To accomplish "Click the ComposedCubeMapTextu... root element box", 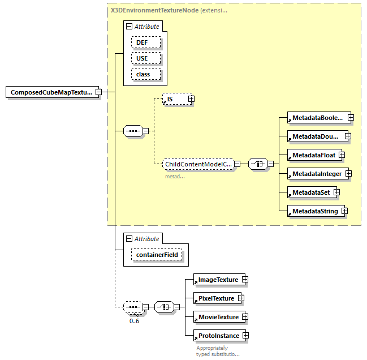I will click(50, 92).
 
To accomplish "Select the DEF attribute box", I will click(146, 43).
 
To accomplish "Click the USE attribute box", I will click(146, 58).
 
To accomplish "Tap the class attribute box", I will click(146, 74).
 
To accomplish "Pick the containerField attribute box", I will click(157, 255).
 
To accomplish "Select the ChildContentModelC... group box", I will click(197, 164).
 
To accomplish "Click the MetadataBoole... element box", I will click(317, 118).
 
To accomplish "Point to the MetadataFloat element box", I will click(312, 155).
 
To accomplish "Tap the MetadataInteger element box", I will click(317, 174).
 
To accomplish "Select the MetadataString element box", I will click(314, 211).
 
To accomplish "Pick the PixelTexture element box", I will click(215, 298).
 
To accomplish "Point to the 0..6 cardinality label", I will click(135, 321).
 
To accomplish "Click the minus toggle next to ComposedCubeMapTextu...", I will click(98, 92).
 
